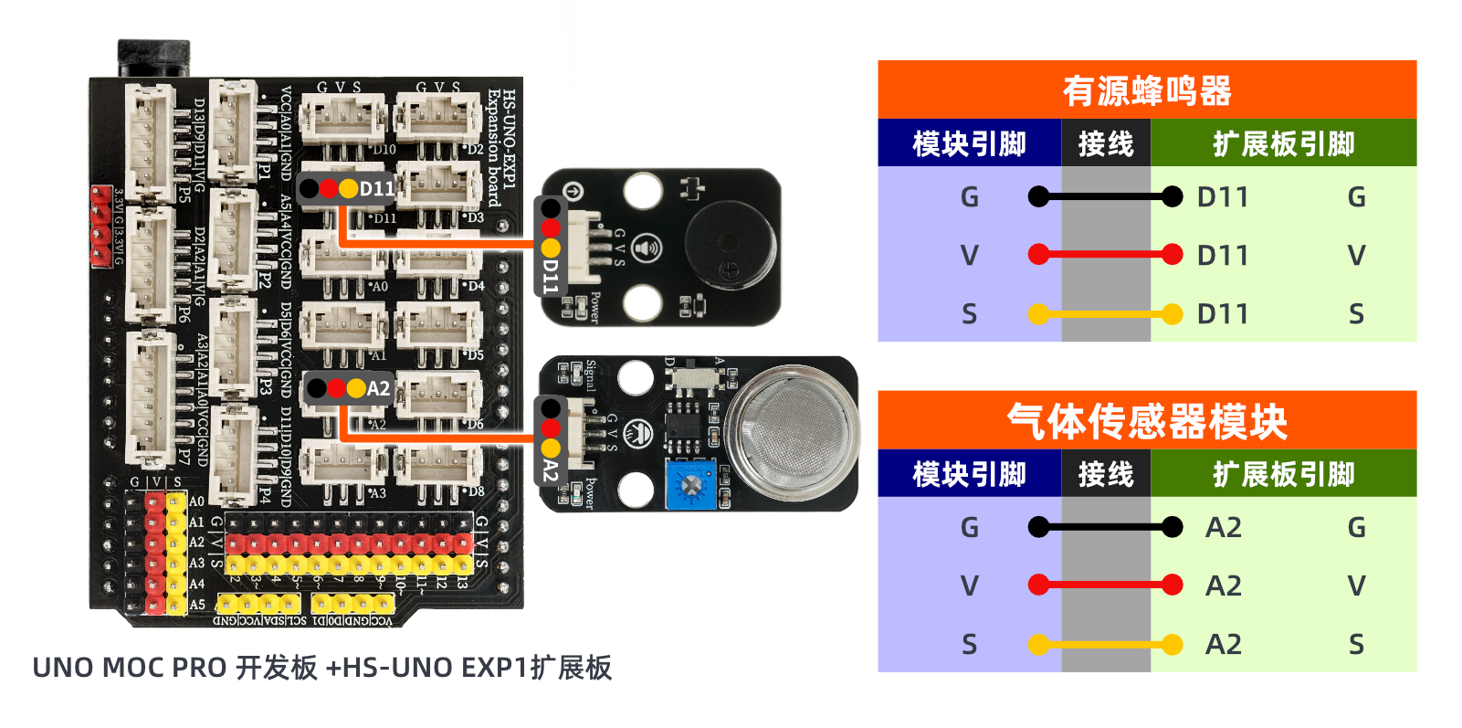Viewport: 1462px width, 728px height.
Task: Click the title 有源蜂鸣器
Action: (x=1146, y=91)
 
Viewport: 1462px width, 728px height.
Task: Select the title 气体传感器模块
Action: (x=1146, y=421)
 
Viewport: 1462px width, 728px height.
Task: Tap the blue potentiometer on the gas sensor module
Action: (x=690, y=483)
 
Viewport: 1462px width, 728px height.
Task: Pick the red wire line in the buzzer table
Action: (x=1105, y=255)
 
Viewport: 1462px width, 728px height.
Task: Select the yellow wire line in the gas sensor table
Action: (x=1105, y=645)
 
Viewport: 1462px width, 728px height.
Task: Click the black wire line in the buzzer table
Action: (x=1105, y=196)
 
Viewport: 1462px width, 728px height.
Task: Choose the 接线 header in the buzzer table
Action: (x=1105, y=143)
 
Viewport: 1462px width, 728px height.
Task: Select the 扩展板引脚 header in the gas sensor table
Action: (x=1283, y=474)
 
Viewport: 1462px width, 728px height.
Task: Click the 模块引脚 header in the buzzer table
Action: (x=969, y=143)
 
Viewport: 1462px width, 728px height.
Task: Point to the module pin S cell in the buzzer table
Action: (x=969, y=314)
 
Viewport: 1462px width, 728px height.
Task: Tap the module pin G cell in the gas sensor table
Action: (x=969, y=528)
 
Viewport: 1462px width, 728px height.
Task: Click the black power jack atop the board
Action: (x=153, y=58)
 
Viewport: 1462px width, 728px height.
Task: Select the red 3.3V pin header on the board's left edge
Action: (x=100, y=226)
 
